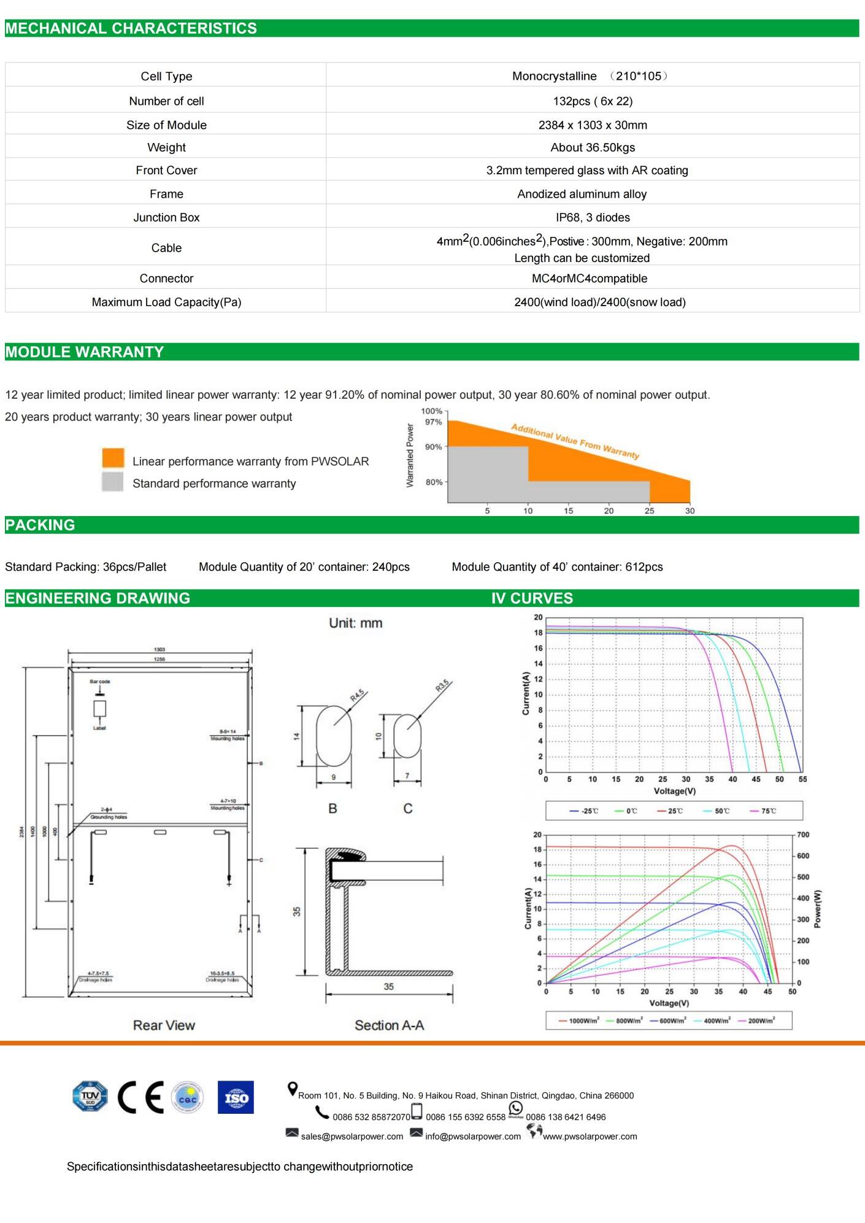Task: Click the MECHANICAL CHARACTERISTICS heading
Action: [131, 29]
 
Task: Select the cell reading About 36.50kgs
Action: [593, 147]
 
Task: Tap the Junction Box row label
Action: [166, 217]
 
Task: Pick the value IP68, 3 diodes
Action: [593, 217]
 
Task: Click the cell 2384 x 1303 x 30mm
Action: [593, 125]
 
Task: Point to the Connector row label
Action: [166, 279]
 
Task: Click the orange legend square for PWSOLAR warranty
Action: [113, 458]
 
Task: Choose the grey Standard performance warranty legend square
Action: [113, 482]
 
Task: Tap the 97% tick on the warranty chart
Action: [434, 422]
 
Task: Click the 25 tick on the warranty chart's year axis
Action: [649, 511]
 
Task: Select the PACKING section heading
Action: [40, 525]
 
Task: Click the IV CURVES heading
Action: [532, 598]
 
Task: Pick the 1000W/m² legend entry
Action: [579, 1020]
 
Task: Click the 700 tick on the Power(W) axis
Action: [803, 835]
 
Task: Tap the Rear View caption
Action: [164, 1025]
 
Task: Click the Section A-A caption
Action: [389, 1025]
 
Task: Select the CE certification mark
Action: [140, 1097]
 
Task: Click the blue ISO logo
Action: [236, 1097]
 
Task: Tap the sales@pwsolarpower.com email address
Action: [352, 1136]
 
